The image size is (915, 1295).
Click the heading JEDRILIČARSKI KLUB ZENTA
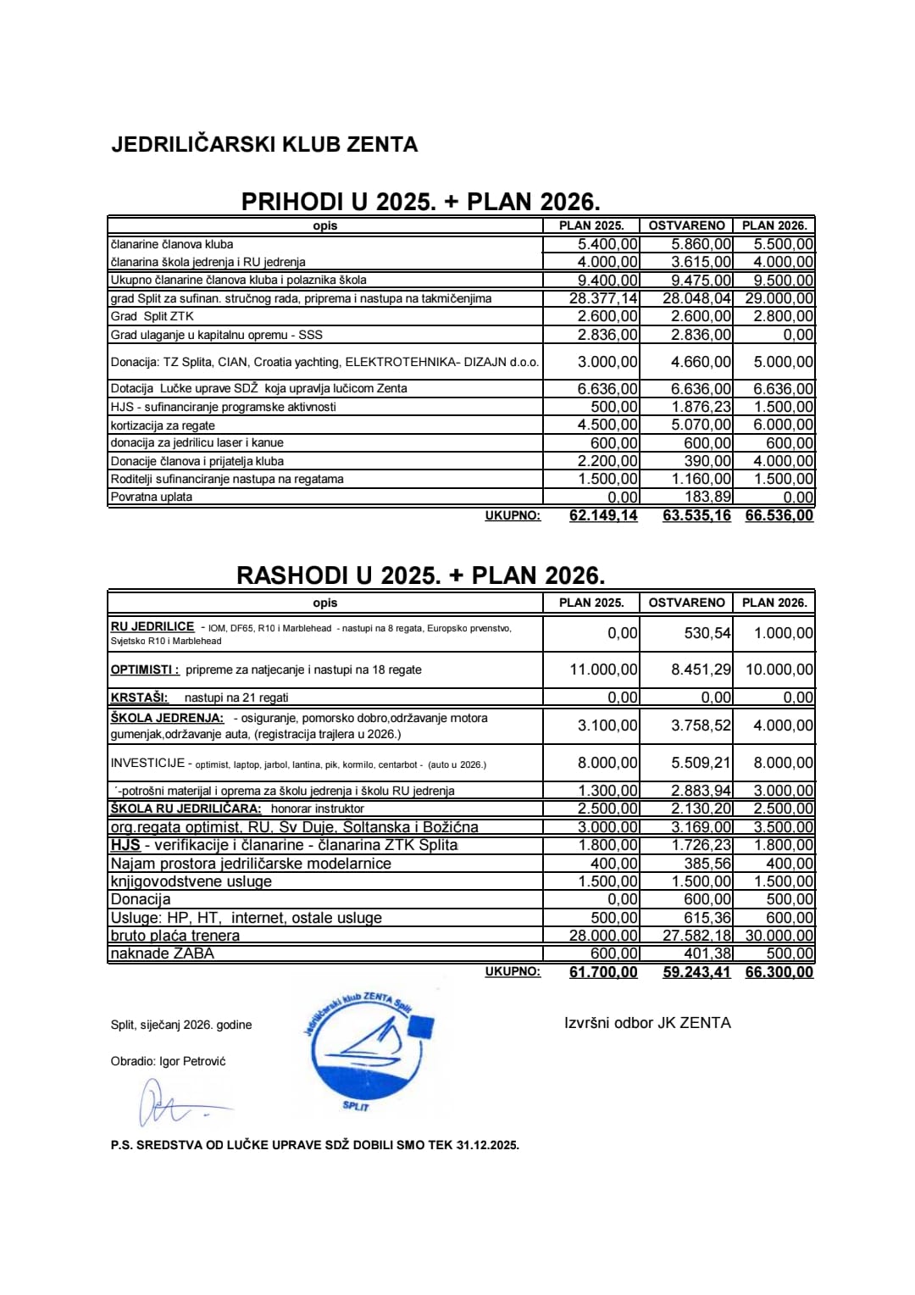pyautogui.click(x=264, y=144)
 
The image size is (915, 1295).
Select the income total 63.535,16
pyautogui.click(x=696, y=515)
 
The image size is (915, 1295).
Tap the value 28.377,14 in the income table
pyautogui.click(x=603, y=298)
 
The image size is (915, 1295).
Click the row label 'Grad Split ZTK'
pyautogui.click(x=152, y=316)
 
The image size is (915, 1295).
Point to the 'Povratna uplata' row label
pyautogui.click(x=152, y=497)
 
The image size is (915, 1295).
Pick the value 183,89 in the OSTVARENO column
pyautogui.click(x=707, y=497)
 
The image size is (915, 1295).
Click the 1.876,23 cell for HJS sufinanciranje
pyautogui.click(x=701, y=407)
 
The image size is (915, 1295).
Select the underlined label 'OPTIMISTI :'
pyautogui.click(x=145, y=670)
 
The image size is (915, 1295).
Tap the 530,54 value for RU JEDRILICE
pyautogui.click(x=707, y=633)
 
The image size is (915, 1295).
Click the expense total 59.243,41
pyautogui.click(x=696, y=972)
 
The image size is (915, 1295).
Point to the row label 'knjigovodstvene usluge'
pyautogui.click(x=191, y=881)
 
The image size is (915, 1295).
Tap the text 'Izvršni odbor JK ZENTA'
pyautogui.click(x=647, y=1023)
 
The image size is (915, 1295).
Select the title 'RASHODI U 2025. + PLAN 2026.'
pyautogui.click(x=420, y=575)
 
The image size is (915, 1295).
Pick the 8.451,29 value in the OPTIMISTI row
pyautogui.click(x=701, y=670)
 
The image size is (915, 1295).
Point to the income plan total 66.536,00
pyautogui.click(x=779, y=515)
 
